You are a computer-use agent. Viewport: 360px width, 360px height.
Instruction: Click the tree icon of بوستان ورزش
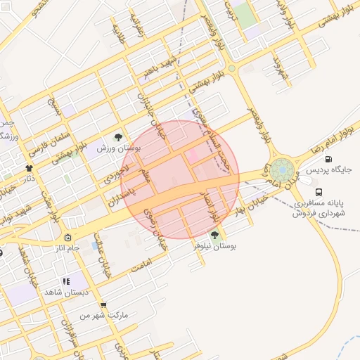(x=117, y=137)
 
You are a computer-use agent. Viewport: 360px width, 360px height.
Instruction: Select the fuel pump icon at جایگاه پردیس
(x=328, y=158)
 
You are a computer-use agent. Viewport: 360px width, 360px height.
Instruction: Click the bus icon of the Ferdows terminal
(x=319, y=192)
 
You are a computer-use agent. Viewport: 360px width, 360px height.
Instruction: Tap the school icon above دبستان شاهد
(x=66, y=281)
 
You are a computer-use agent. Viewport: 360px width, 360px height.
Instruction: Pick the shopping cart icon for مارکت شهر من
(x=104, y=305)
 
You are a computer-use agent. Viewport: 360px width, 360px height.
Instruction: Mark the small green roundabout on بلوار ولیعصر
(x=231, y=68)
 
